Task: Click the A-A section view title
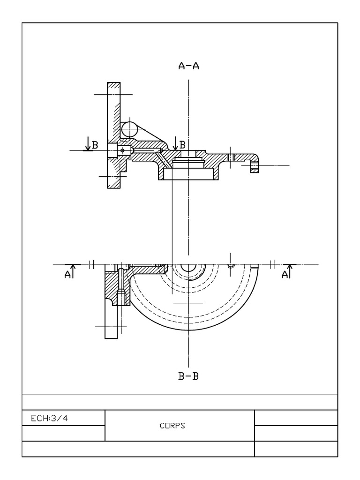click(x=188, y=66)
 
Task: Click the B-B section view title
click(x=188, y=376)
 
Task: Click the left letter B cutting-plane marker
click(x=95, y=145)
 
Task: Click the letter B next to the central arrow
click(x=183, y=144)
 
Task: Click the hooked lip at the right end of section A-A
click(x=254, y=166)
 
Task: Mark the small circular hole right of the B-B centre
click(x=230, y=265)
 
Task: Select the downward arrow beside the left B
click(x=87, y=144)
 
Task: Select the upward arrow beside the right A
click(x=290, y=270)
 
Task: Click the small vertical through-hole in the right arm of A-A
click(x=231, y=157)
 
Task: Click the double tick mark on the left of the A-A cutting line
click(x=92, y=264)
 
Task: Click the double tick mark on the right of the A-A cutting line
click(x=272, y=264)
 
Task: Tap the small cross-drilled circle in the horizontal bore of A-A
click(x=122, y=150)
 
